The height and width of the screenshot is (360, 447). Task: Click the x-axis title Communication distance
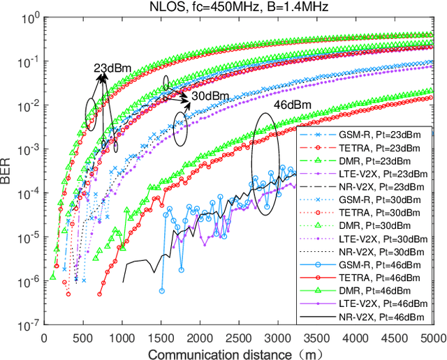click(244, 352)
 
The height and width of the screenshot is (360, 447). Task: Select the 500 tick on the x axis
click(83, 338)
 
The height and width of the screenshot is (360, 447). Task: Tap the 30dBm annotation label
click(207, 96)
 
